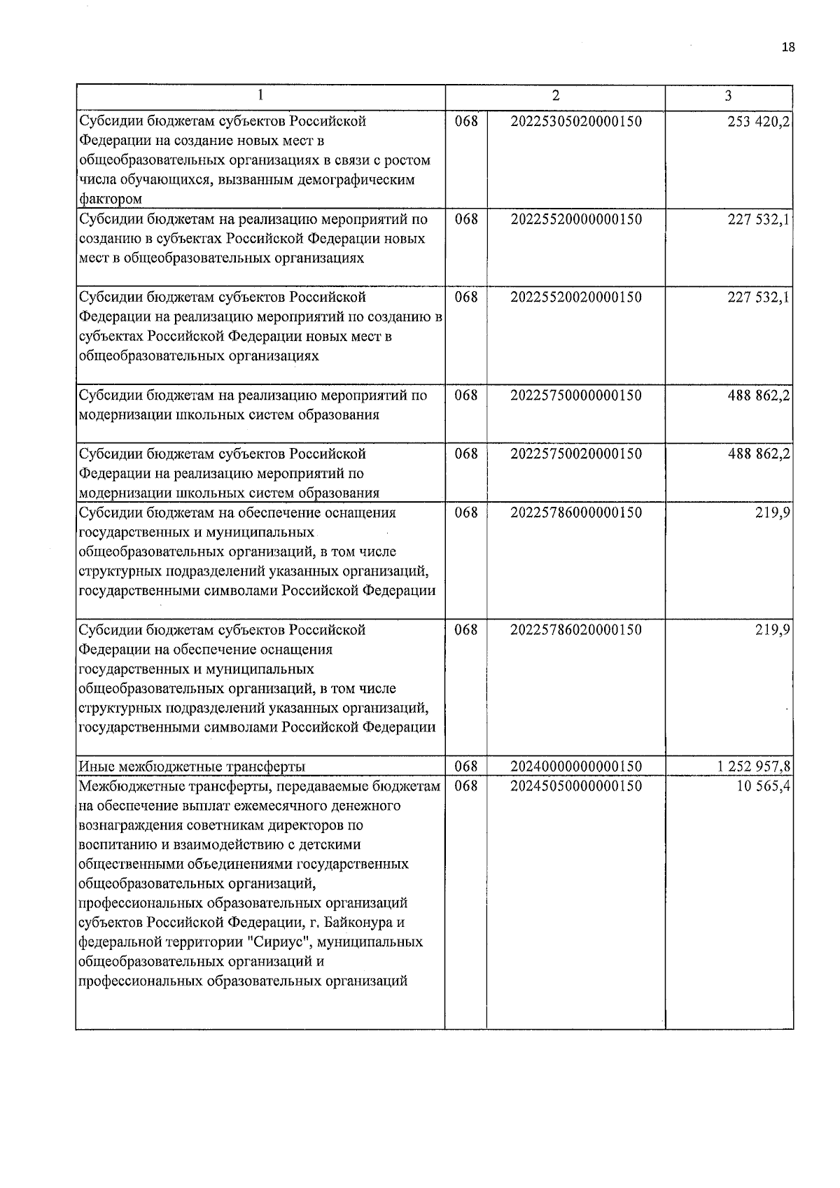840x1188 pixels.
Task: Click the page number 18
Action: [788, 48]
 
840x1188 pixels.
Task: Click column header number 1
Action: [260, 96]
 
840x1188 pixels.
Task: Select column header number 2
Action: [555, 96]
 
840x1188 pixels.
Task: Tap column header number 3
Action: [729, 96]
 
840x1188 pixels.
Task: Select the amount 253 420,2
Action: [759, 121]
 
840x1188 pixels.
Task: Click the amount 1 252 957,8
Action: [754, 767]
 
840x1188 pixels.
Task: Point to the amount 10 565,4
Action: [762, 786]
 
